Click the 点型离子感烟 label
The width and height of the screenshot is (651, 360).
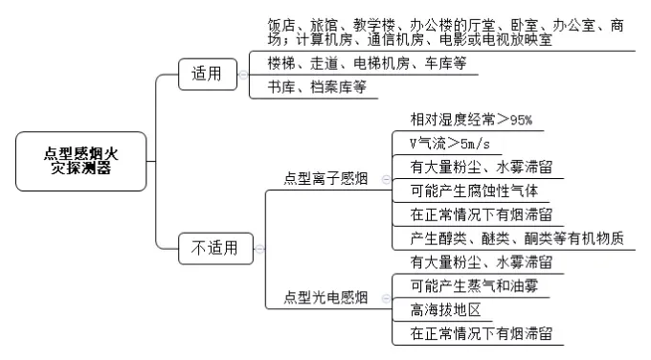[326, 178]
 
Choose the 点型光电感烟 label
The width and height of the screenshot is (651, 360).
[326, 298]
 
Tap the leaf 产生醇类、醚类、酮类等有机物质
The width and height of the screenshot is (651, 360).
[516, 238]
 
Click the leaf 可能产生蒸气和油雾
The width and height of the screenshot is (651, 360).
[474, 285]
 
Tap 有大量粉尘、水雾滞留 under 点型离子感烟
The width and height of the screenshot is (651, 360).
[481, 167]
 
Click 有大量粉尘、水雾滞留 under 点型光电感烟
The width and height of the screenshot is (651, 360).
[481, 261]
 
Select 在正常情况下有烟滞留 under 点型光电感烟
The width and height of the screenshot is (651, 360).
[481, 333]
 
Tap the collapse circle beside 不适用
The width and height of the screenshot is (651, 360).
[258, 249]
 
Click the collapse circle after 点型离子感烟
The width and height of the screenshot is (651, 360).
[385, 179]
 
